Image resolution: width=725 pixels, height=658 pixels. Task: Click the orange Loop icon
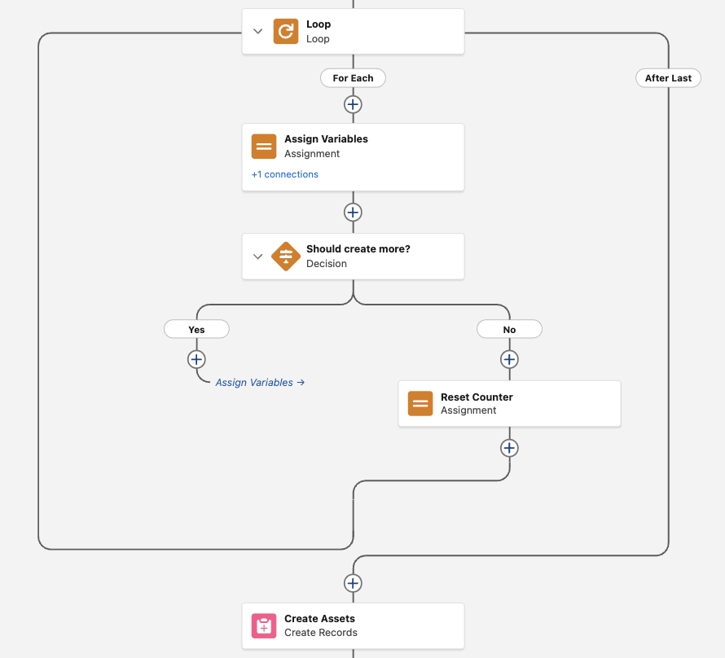pyautogui.click(x=286, y=32)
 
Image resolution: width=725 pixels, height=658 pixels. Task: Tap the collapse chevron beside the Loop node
pyautogui.click(x=258, y=32)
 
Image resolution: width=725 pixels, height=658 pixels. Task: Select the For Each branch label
pyautogui.click(x=353, y=78)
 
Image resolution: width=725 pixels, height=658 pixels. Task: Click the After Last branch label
pyautogui.click(x=668, y=78)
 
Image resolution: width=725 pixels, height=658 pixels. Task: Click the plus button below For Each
pyautogui.click(x=353, y=104)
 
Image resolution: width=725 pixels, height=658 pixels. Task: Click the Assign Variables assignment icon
pyautogui.click(x=264, y=147)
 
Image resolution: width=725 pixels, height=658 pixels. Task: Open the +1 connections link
pyautogui.click(x=285, y=174)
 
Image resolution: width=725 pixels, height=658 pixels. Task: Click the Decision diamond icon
pyautogui.click(x=286, y=257)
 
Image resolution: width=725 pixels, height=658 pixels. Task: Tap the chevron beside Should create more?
pyautogui.click(x=258, y=257)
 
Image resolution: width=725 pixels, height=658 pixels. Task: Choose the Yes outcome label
pyautogui.click(x=196, y=330)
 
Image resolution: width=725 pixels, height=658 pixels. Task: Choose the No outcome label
pyautogui.click(x=509, y=330)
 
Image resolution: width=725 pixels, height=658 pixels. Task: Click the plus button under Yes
pyautogui.click(x=196, y=359)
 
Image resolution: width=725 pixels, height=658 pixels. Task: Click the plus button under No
pyautogui.click(x=509, y=359)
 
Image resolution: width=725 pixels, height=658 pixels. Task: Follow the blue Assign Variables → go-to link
pyautogui.click(x=260, y=383)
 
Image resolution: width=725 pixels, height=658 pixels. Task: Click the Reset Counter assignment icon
pyautogui.click(x=420, y=404)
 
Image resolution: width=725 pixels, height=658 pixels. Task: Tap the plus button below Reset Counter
pyautogui.click(x=509, y=448)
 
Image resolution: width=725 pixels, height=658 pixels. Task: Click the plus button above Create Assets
pyautogui.click(x=353, y=583)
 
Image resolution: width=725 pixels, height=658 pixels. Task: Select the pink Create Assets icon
pyautogui.click(x=264, y=625)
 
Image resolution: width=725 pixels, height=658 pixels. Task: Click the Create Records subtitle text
pyautogui.click(x=320, y=633)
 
